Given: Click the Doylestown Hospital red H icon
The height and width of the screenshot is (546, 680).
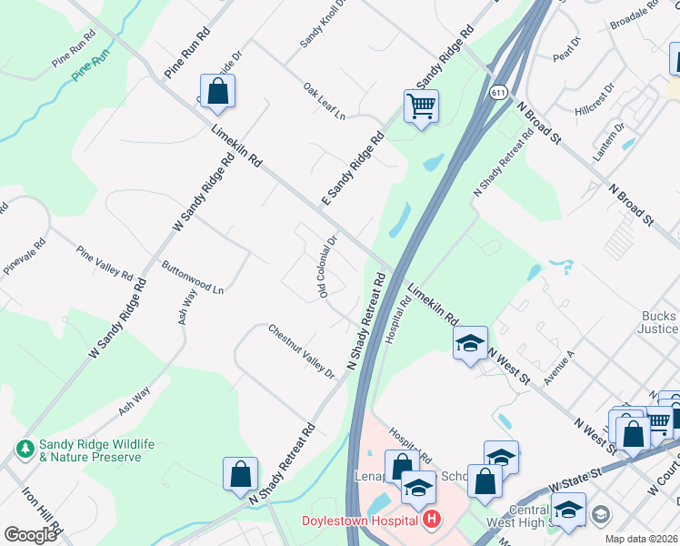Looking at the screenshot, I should pos(432,521).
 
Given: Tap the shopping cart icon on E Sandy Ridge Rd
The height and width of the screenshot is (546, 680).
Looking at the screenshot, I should pos(421,106).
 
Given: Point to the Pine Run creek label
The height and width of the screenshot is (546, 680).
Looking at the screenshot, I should pos(93,68).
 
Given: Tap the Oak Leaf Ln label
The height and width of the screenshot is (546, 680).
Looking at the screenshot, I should pos(325,103).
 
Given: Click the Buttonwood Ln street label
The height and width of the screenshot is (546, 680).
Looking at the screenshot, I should pos(192,278).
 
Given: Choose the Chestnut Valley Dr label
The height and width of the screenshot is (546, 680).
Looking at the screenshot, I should pos(302,350).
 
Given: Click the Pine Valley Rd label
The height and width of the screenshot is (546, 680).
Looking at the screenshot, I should pos(105,263).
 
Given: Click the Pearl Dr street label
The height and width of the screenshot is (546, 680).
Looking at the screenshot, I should pos(566,50).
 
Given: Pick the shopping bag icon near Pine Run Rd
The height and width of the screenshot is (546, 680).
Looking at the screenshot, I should pos(217,91).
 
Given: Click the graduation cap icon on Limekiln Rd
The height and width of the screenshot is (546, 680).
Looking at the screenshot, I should pos(470,343).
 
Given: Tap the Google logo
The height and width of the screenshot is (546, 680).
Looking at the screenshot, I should pos(30,535).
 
